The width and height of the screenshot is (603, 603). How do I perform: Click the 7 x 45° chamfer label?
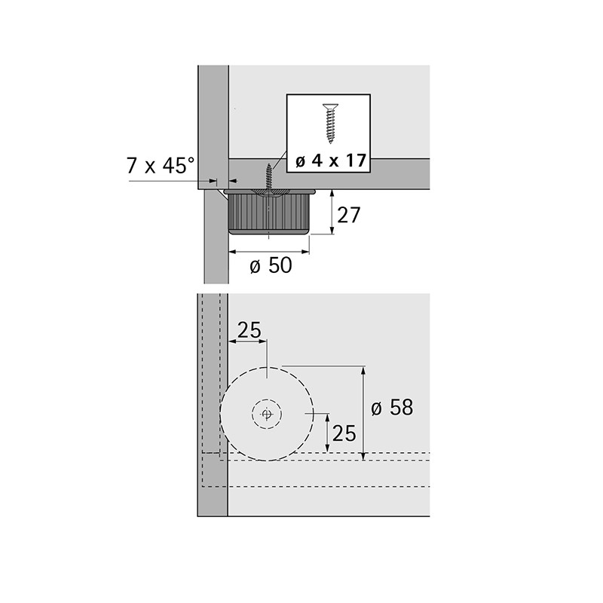click(x=161, y=166)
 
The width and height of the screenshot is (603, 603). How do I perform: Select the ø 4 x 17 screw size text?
click(x=330, y=160)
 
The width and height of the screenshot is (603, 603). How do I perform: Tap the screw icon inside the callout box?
click(x=330, y=124)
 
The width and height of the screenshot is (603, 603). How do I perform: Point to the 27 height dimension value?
click(x=348, y=215)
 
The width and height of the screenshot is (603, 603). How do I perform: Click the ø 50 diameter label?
click(x=271, y=265)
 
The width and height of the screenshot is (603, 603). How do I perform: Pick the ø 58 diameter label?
click(x=392, y=407)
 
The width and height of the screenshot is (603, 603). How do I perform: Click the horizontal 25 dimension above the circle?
click(x=249, y=330)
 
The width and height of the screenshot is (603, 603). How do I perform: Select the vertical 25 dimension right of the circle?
click(x=344, y=433)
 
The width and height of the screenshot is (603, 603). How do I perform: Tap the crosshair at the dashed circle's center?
click(x=267, y=414)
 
